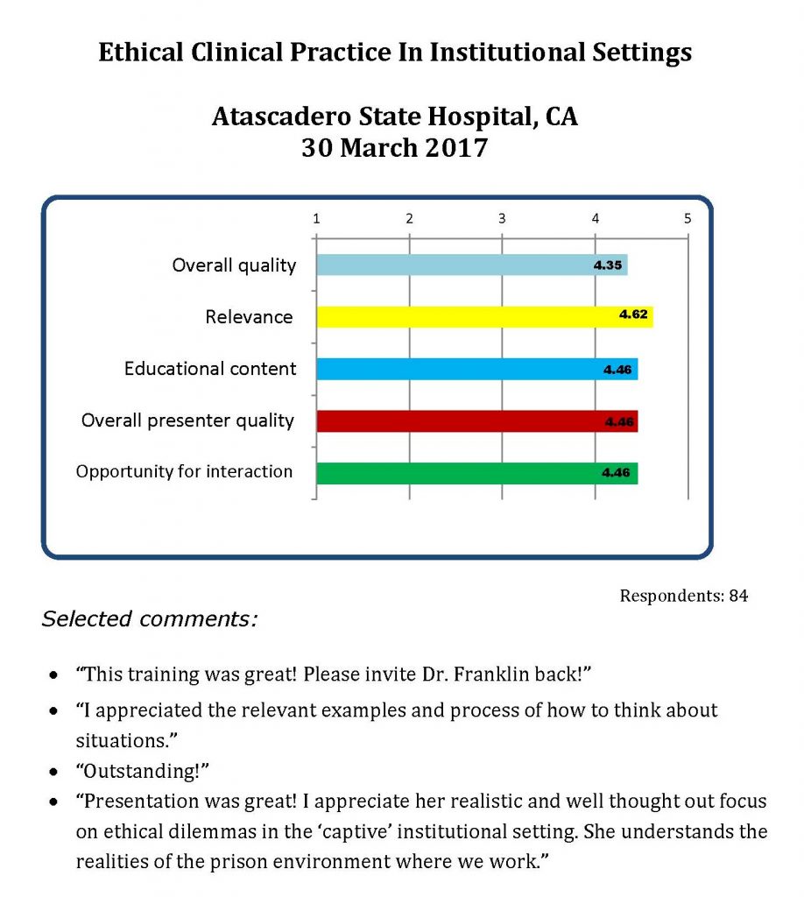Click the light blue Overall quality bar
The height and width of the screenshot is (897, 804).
coord(471,265)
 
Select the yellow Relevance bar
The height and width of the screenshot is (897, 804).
coord(483,316)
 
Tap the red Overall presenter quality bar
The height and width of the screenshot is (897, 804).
coord(476,421)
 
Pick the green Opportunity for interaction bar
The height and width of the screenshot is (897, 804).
coord(476,473)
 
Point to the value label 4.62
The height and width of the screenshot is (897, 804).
coord(632,315)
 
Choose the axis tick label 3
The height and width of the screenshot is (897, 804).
coord(502,218)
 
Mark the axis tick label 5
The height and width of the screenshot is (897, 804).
coord(688,218)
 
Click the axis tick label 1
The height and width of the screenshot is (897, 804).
coord(316,218)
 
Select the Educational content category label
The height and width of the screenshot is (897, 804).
coord(210,369)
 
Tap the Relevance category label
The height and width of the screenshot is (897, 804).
coord(249,317)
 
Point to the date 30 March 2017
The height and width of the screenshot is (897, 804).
coord(394,147)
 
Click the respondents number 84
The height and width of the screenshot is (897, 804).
coord(738,596)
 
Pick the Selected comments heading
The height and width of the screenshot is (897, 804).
coord(150,619)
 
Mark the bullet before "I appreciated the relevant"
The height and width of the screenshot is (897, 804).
coord(56,710)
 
